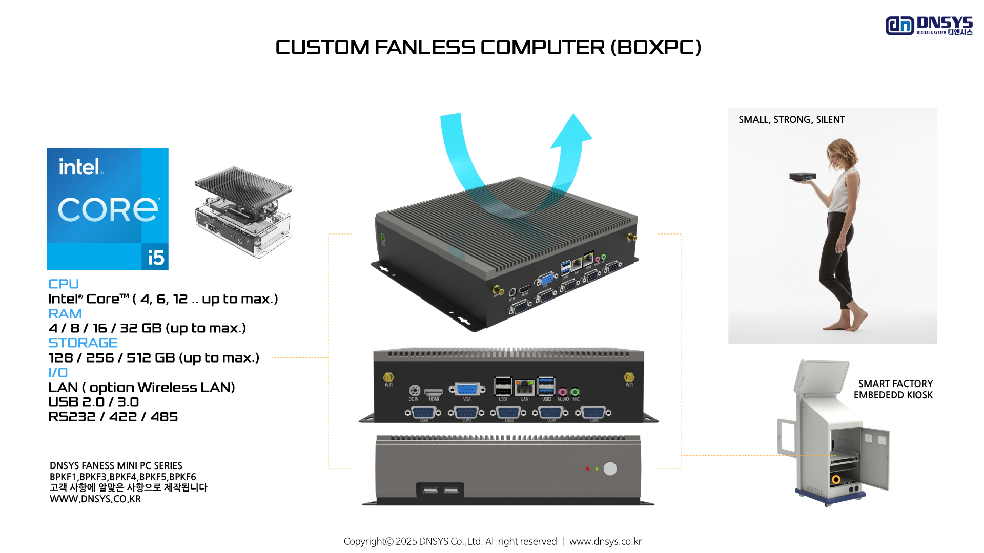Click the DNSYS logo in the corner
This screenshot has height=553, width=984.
click(x=928, y=26)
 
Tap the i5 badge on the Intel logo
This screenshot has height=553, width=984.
click(x=155, y=257)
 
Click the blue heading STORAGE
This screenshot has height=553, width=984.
click(x=83, y=343)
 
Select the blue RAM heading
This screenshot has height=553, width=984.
click(x=65, y=313)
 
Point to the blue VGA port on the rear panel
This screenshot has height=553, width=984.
click(x=467, y=389)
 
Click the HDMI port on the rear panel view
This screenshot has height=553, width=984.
click(x=434, y=392)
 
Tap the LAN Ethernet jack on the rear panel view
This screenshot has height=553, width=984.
click(x=524, y=387)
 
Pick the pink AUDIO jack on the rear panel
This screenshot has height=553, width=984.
click(x=562, y=392)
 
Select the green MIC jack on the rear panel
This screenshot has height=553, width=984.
click(x=575, y=392)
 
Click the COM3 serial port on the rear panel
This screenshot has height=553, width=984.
click(x=508, y=413)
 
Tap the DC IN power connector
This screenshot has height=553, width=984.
click(x=415, y=390)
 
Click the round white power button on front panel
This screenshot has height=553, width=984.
click(x=610, y=469)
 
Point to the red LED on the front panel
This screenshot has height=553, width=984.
click(x=587, y=469)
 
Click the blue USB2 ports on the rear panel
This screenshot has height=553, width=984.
click(x=546, y=387)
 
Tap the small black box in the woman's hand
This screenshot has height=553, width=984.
click(x=803, y=177)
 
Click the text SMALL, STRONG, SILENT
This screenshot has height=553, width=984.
click(x=791, y=120)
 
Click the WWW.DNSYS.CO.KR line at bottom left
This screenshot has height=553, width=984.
click(x=95, y=499)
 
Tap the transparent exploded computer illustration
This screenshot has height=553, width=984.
click(x=243, y=211)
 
